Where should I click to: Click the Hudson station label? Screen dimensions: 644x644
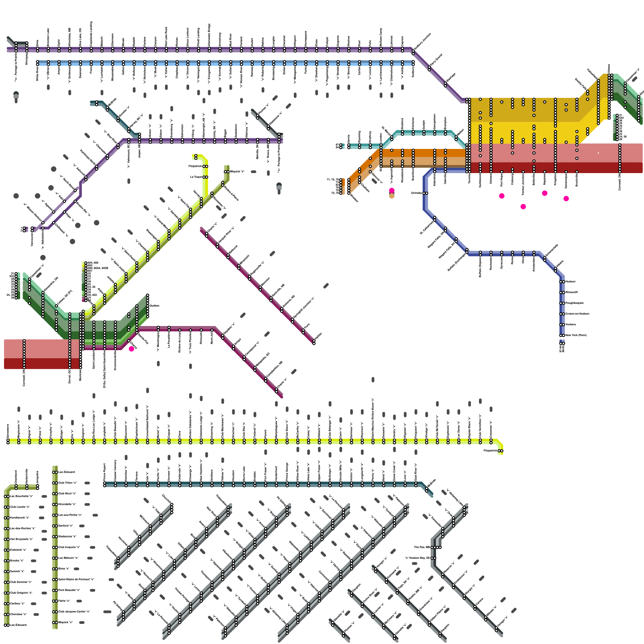[570, 281]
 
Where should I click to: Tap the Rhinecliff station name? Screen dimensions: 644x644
[572, 292]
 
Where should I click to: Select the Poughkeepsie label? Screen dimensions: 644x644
[574, 303]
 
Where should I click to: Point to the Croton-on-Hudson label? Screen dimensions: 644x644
[577, 314]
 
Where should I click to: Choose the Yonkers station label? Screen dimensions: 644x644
[571, 324]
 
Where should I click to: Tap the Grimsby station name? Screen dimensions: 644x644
[417, 193]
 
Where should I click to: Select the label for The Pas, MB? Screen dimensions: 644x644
[422, 547]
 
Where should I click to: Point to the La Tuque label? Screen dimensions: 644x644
[196, 177]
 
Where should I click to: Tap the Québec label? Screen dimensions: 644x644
[155, 305]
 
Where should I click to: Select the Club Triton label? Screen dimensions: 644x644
[67, 483]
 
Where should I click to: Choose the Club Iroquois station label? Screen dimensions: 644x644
[69, 547]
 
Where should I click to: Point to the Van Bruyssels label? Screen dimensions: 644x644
[21, 539]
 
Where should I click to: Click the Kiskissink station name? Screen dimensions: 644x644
[18, 550]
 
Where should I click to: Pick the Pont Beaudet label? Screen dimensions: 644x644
[67, 590]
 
